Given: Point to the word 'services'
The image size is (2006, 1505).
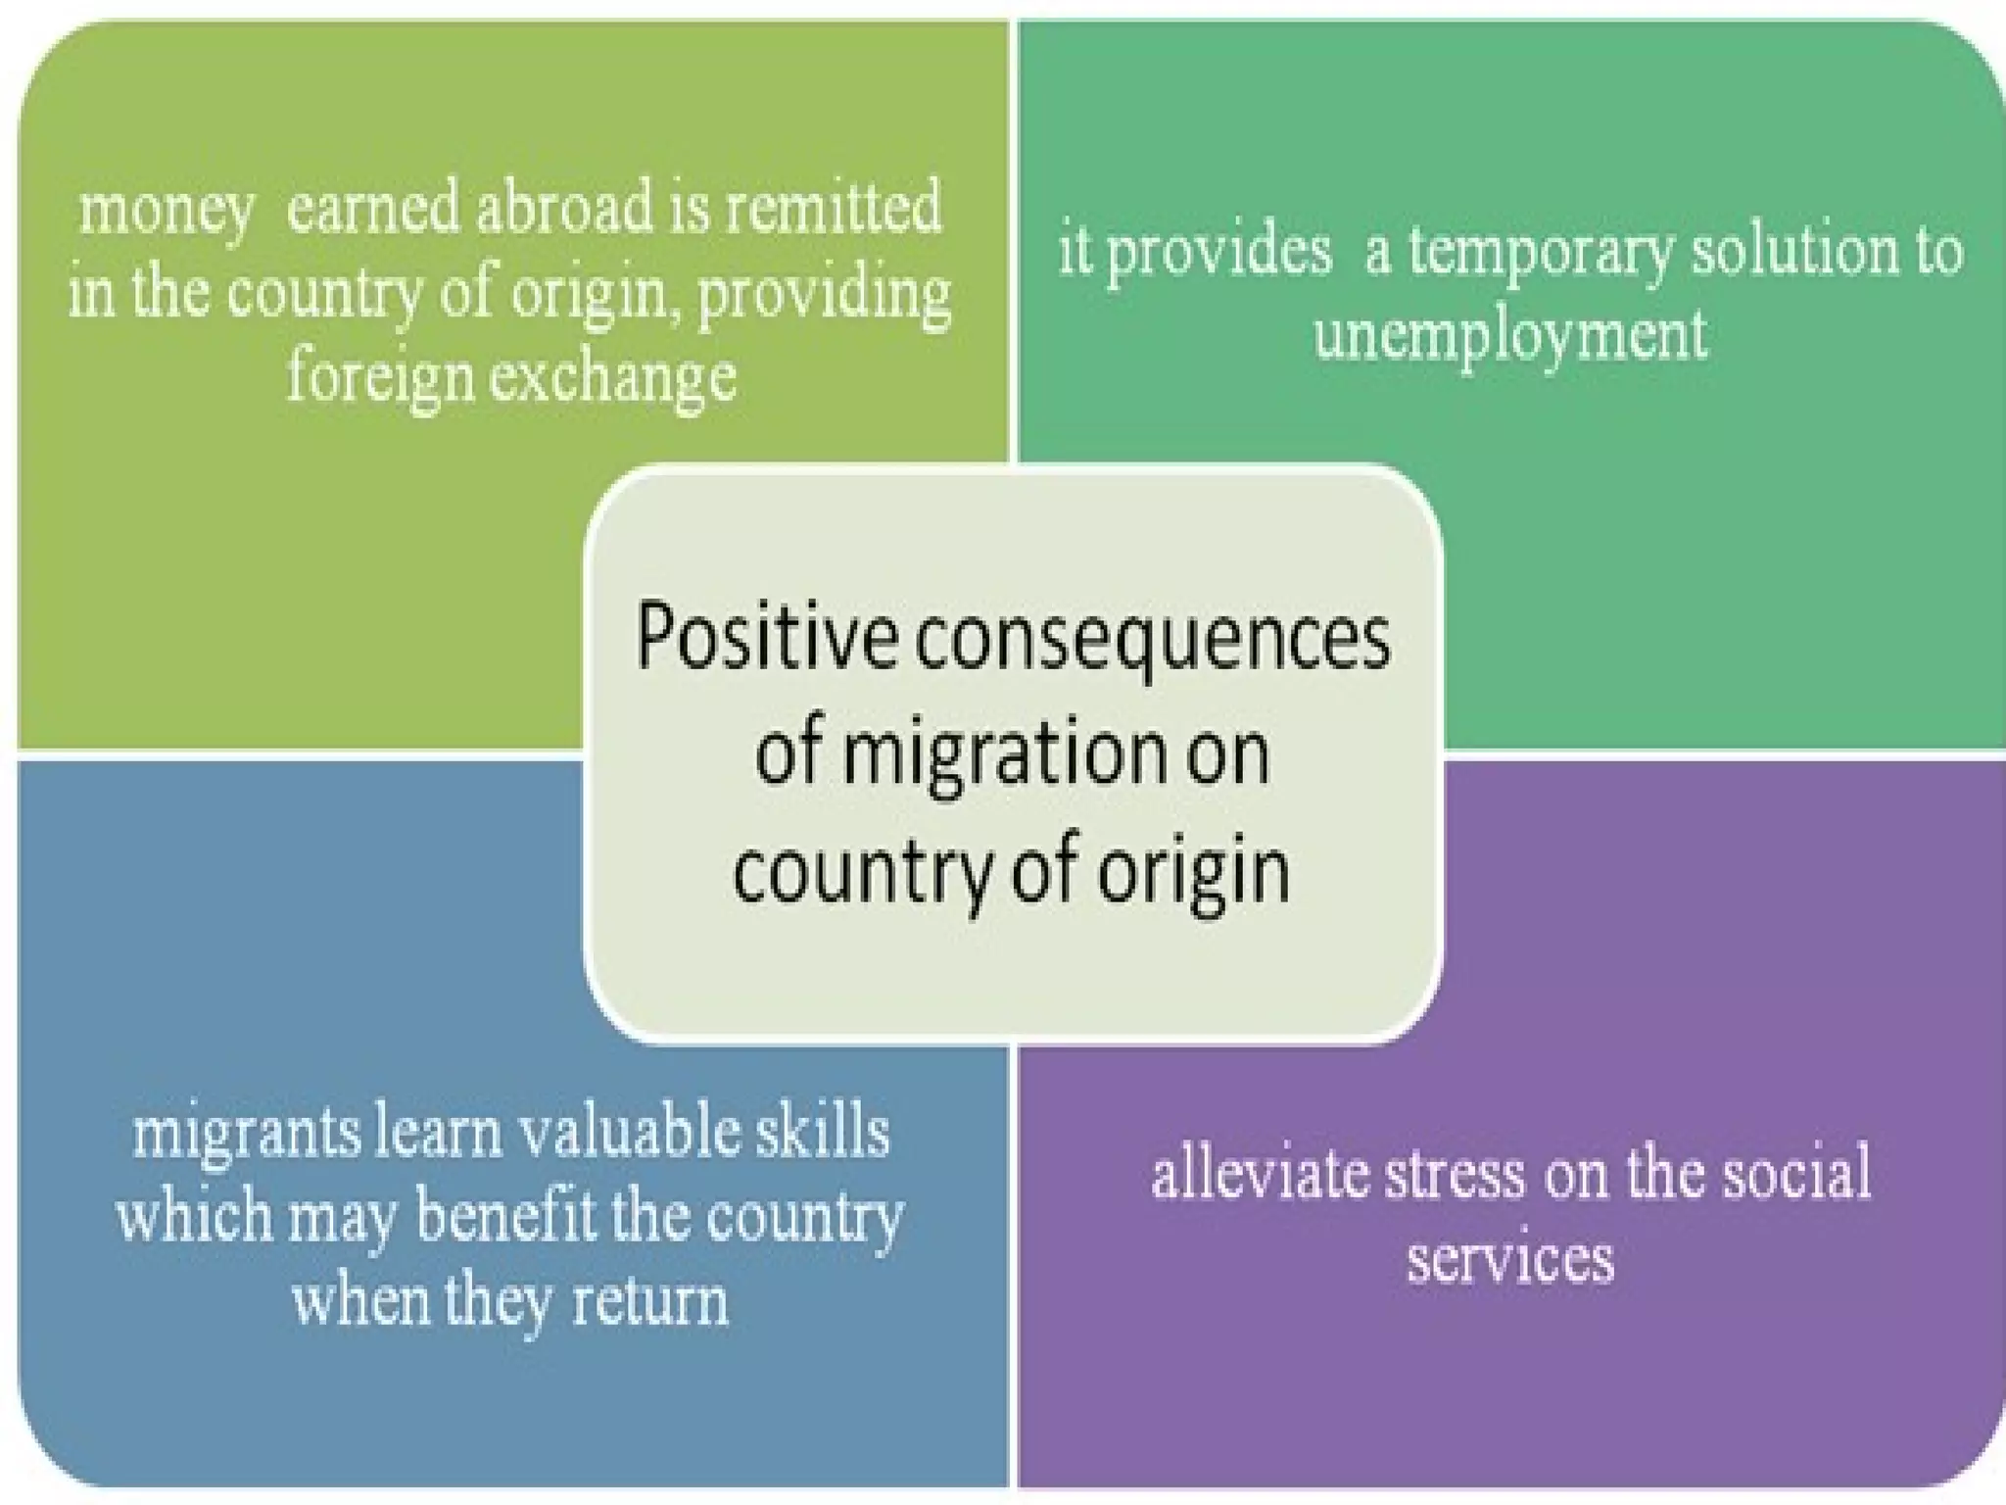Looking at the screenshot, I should click(x=1510, y=1258).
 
